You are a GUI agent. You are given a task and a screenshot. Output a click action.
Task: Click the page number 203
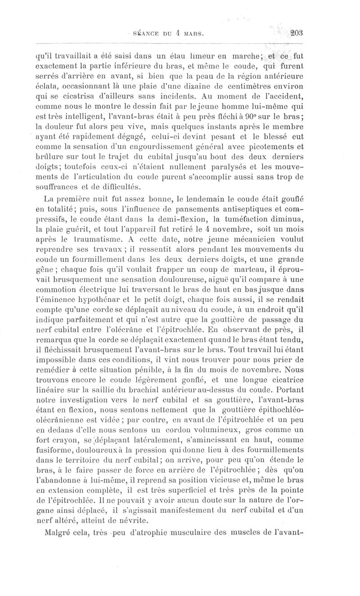coord(298,32)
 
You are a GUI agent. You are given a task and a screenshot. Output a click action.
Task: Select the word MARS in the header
coord(192,33)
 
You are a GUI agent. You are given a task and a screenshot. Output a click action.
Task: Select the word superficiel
coord(229,491)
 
